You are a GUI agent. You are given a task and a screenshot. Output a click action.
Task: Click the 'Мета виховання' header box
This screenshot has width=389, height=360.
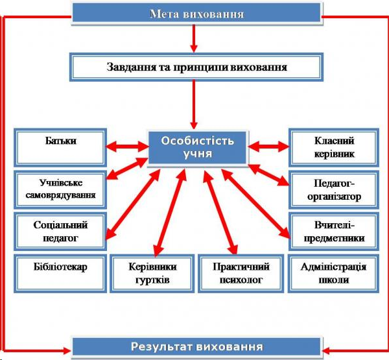(x=197, y=14)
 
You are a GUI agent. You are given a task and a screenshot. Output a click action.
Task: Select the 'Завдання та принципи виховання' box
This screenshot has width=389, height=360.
(x=196, y=67)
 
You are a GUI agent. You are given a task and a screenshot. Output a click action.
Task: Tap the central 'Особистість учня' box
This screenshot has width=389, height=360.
(x=198, y=147)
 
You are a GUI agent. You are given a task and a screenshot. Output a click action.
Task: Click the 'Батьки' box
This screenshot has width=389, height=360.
(x=60, y=147)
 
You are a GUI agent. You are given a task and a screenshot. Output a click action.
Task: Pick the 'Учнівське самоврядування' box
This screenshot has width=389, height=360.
(x=60, y=189)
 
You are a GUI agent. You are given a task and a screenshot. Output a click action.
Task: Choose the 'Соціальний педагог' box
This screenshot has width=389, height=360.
(x=60, y=232)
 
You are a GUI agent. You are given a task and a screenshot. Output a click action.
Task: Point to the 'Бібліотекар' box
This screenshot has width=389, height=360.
(x=60, y=273)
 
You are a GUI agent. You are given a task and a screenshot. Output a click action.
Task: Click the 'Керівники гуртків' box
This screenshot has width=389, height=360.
(x=152, y=273)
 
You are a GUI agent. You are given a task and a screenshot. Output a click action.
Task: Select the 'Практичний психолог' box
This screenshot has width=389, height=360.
(x=241, y=273)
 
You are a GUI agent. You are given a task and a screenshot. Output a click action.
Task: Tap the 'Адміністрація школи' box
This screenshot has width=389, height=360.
(x=334, y=273)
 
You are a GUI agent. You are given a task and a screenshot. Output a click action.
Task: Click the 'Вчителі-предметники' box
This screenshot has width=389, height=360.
(x=334, y=232)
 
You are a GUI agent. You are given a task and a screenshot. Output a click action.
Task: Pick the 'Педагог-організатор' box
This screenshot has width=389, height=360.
(x=334, y=189)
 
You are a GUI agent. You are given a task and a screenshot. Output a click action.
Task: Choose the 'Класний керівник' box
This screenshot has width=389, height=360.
(x=334, y=147)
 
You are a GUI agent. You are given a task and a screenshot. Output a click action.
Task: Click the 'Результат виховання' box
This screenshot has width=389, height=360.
(x=197, y=347)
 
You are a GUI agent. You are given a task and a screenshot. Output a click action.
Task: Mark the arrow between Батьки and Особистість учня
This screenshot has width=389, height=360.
(x=127, y=147)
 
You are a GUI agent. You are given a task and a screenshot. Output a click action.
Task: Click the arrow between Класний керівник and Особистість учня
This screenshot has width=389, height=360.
(x=268, y=146)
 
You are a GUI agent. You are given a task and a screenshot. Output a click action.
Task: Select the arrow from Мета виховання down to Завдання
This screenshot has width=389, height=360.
(x=194, y=38)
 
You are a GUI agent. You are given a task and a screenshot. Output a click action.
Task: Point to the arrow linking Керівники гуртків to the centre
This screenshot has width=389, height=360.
(x=170, y=211)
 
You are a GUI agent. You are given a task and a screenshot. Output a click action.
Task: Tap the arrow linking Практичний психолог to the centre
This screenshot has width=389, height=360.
(x=220, y=211)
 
